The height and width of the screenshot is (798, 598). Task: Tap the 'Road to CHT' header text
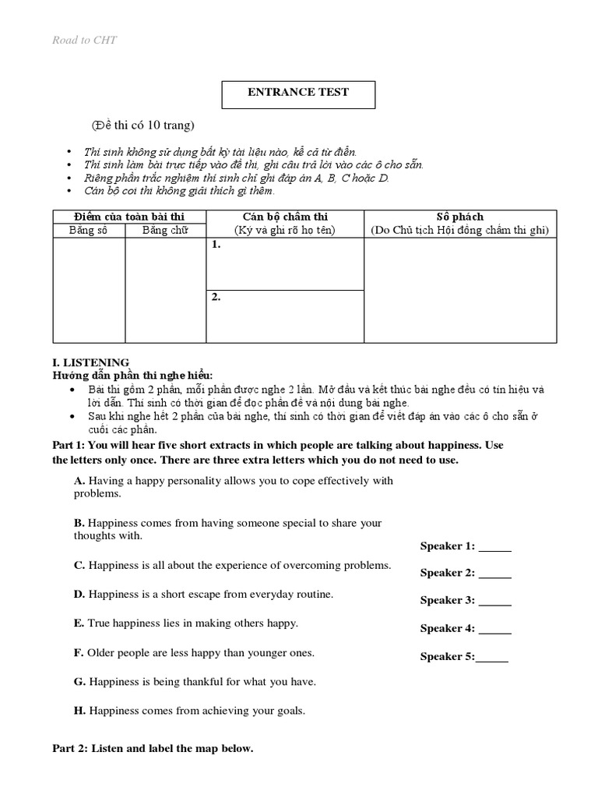point(84,41)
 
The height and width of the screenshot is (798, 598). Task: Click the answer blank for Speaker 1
point(495,547)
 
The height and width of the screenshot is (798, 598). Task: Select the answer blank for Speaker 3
point(495,601)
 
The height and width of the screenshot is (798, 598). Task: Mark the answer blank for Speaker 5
point(492,657)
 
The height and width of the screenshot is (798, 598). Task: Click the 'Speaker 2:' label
point(448,573)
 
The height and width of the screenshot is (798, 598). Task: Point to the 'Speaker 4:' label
point(448,628)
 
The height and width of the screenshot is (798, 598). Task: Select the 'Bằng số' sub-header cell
point(88,230)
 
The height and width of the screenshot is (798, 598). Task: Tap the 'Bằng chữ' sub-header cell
point(165,230)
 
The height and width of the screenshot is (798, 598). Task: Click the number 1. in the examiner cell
point(216,245)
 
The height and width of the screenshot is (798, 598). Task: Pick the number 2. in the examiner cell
point(216,297)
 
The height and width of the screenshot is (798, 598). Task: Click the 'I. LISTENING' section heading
point(90,362)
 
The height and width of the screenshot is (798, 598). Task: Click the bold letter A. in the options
point(79,481)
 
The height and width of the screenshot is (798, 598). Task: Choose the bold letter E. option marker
point(79,623)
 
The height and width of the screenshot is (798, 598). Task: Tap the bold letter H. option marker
point(79,711)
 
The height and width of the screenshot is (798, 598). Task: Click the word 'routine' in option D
point(314,594)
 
